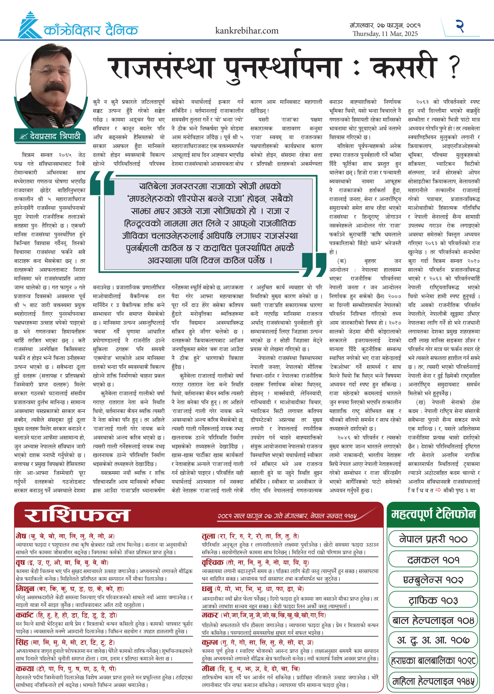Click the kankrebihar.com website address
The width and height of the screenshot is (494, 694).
pos(247,31)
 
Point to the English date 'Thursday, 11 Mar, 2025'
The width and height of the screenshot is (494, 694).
pos(385,34)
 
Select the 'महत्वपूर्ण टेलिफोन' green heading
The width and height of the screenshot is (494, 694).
pos(433,514)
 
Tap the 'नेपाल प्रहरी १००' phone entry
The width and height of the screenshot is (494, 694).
pos(433,539)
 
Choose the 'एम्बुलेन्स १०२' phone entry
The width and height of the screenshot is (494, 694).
pos(433,580)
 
